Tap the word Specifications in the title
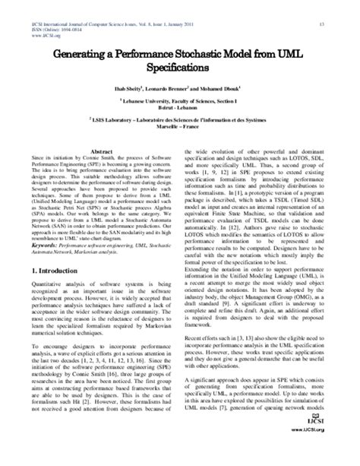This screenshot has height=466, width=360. pos(180,69)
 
